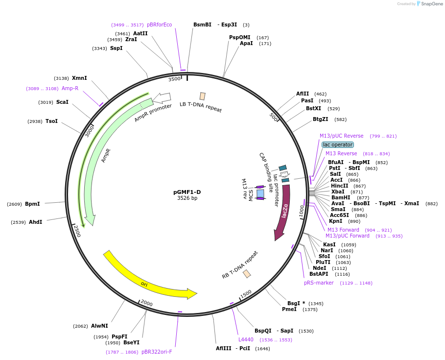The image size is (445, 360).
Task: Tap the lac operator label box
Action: click(338, 144)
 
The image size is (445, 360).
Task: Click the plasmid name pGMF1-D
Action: click(187, 192)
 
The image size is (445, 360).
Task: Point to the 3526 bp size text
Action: click(187, 198)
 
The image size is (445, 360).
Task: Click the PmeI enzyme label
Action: click(289, 309)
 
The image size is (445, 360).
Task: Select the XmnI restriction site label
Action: click(79, 78)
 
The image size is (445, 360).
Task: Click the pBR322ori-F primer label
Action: click(157, 352)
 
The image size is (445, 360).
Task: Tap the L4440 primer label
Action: click(246, 339)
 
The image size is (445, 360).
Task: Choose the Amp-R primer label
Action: click(70, 88)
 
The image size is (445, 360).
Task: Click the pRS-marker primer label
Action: click(319, 283)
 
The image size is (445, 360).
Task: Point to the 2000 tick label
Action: click(147, 303)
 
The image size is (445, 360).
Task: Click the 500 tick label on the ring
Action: click(273, 117)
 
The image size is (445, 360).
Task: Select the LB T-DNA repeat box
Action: click(202, 96)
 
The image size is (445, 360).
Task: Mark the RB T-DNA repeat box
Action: click(247, 274)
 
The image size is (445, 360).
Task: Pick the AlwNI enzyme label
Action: click(99, 326)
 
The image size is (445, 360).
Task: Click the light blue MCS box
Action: click(260, 193)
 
